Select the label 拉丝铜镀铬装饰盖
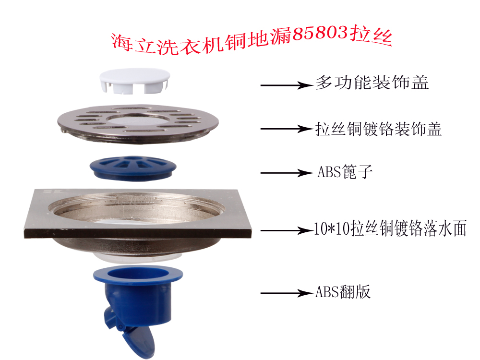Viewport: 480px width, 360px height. point(379,128)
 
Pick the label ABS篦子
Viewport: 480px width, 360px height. point(345,172)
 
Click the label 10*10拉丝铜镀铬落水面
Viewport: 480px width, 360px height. point(390,229)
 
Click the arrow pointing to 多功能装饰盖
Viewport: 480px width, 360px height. point(285,85)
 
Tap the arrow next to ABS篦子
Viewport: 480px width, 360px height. point(286,173)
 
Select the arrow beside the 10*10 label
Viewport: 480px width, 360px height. point(286,231)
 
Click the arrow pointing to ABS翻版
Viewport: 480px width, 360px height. point(286,293)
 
